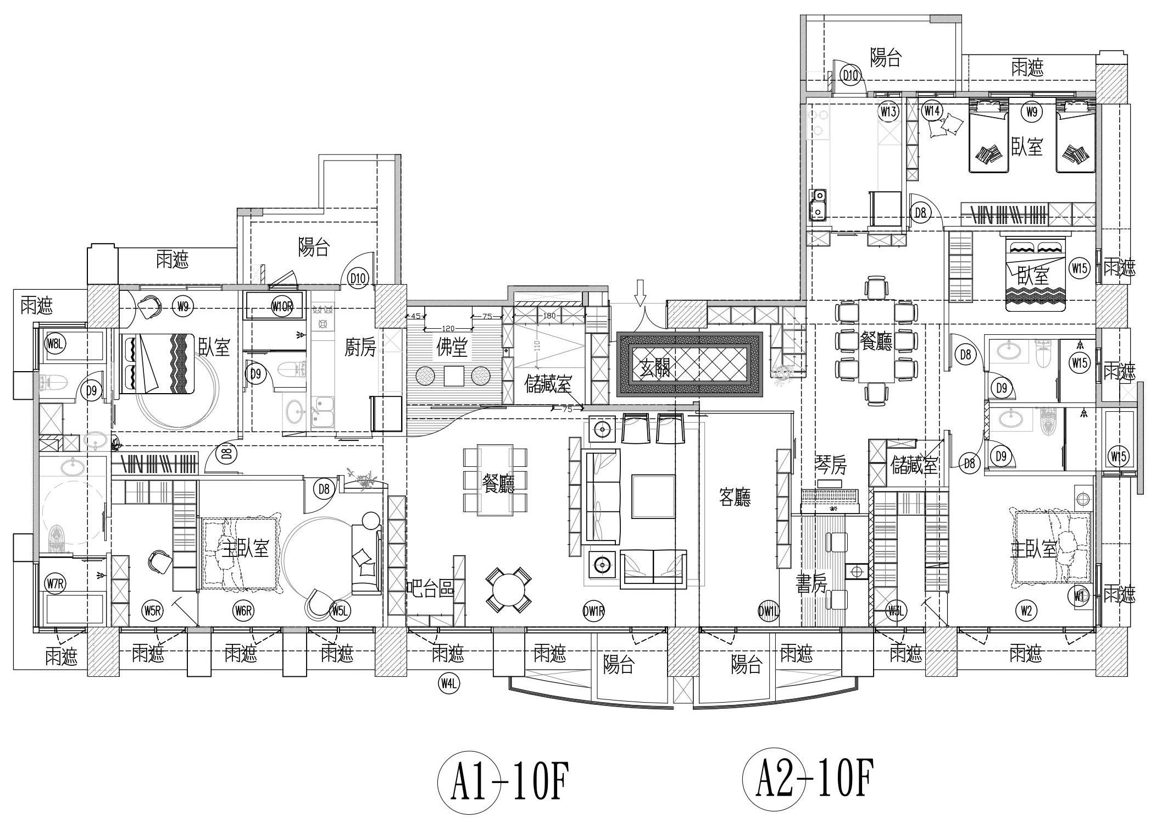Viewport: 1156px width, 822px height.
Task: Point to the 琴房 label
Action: click(830, 466)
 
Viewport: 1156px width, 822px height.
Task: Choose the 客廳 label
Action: click(735, 498)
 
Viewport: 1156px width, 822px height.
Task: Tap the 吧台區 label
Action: click(430, 588)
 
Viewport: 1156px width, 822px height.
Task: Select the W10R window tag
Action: click(282, 307)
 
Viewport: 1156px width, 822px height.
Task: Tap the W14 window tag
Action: click(931, 111)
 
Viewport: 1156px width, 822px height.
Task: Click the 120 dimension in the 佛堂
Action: click(447, 328)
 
